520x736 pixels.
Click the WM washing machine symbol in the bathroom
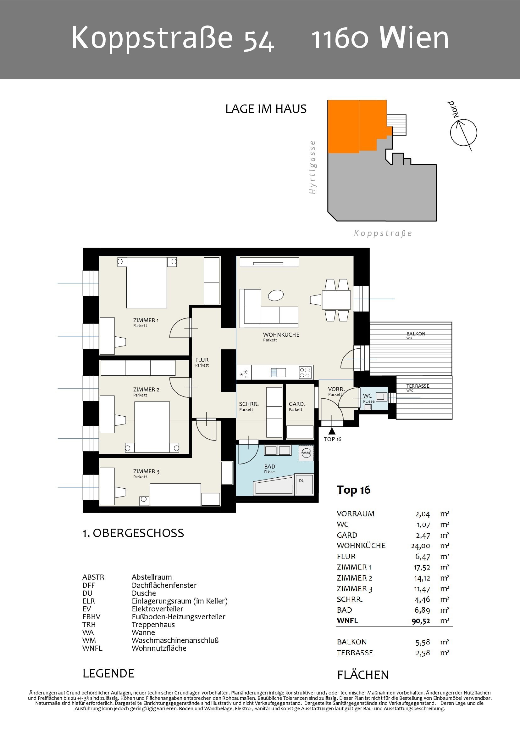tap(306, 453)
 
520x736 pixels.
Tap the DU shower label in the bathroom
tap(301, 480)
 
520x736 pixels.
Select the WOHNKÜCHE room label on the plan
tap(281, 335)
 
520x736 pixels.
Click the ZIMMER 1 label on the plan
tap(146, 320)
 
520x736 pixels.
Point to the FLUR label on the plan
tap(202, 360)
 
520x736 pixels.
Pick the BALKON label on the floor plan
tap(416, 334)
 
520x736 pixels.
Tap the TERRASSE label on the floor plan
tap(418, 386)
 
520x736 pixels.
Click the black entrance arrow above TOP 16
tap(332, 430)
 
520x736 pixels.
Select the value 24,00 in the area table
tap(420, 546)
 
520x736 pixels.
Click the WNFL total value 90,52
tap(421, 621)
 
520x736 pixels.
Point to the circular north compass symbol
tap(463, 132)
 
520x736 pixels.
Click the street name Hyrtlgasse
tap(313, 167)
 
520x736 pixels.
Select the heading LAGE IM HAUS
tap(266, 109)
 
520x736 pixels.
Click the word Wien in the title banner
tap(414, 37)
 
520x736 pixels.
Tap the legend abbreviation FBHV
tap(91, 617)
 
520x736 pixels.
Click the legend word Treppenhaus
tap(153, 624)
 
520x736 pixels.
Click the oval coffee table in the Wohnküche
tap(276, 295)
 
